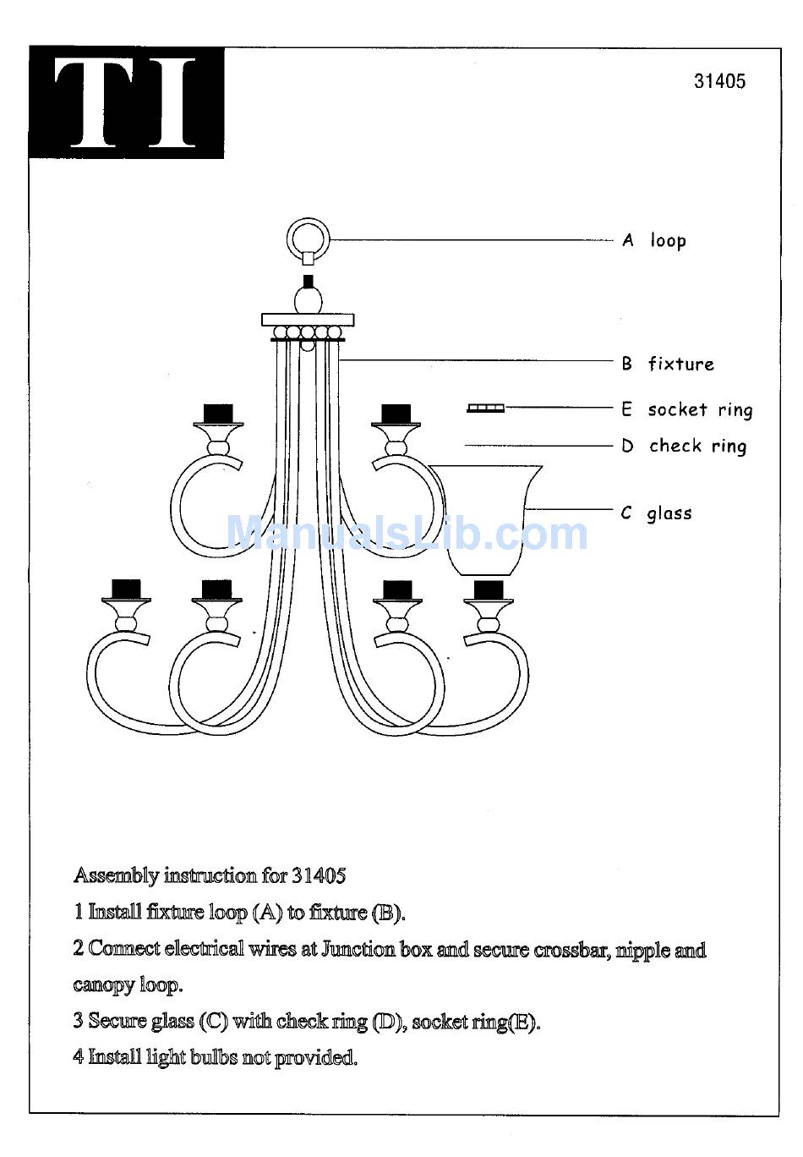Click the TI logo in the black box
127,102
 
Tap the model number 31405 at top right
719,81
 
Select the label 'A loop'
654,241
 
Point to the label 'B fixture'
669,365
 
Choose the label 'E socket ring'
687,410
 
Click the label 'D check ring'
685,447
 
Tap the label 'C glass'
657,513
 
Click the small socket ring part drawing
486,408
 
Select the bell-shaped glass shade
486,520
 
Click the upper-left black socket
218,414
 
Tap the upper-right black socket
396,414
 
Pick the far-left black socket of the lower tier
127,589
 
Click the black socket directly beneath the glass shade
489,589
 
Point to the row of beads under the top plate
308,332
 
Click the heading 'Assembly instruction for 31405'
210,875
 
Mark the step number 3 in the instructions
78,1020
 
